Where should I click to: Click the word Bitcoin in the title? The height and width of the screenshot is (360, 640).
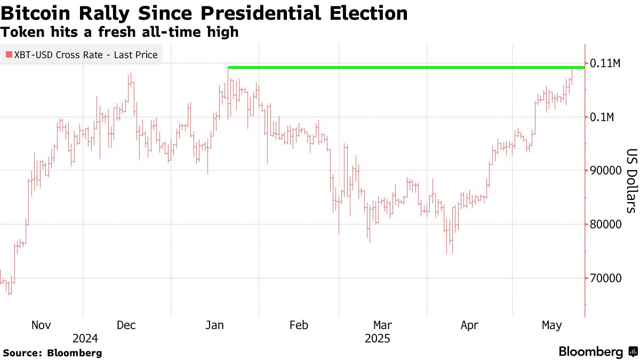pyautogui.click(x=41, y=13)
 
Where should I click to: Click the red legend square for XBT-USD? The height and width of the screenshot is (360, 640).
pyautogui.click(x=8, y=54)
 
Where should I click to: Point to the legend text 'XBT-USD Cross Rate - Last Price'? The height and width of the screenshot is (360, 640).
pyautogui.click(x=85, y=54)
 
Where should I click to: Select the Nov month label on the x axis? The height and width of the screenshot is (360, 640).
pyautogui.click(x=41, y=325)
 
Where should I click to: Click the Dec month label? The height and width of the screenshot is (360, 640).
pyautogui.click(x=126, y=325)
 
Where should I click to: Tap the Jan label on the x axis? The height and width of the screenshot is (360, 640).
pyautogui.click(x=215, y=325)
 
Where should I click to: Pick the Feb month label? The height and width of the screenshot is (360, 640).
pyautogui.click(x=298, y=325)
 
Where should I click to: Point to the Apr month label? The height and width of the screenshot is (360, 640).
pyautogui.click(x=469, y=325)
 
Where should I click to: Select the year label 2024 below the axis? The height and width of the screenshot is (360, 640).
pyautogui.click(x=85, y=338)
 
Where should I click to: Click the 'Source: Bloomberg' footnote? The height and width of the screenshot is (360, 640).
pyautogui.click(x=52, y=353)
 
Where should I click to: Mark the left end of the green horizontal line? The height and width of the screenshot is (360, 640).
pyautogui.click(x=229, y=67)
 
